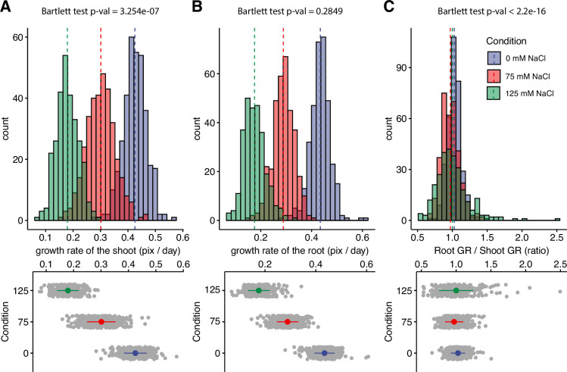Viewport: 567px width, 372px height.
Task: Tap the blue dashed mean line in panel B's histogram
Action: point(320,114)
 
